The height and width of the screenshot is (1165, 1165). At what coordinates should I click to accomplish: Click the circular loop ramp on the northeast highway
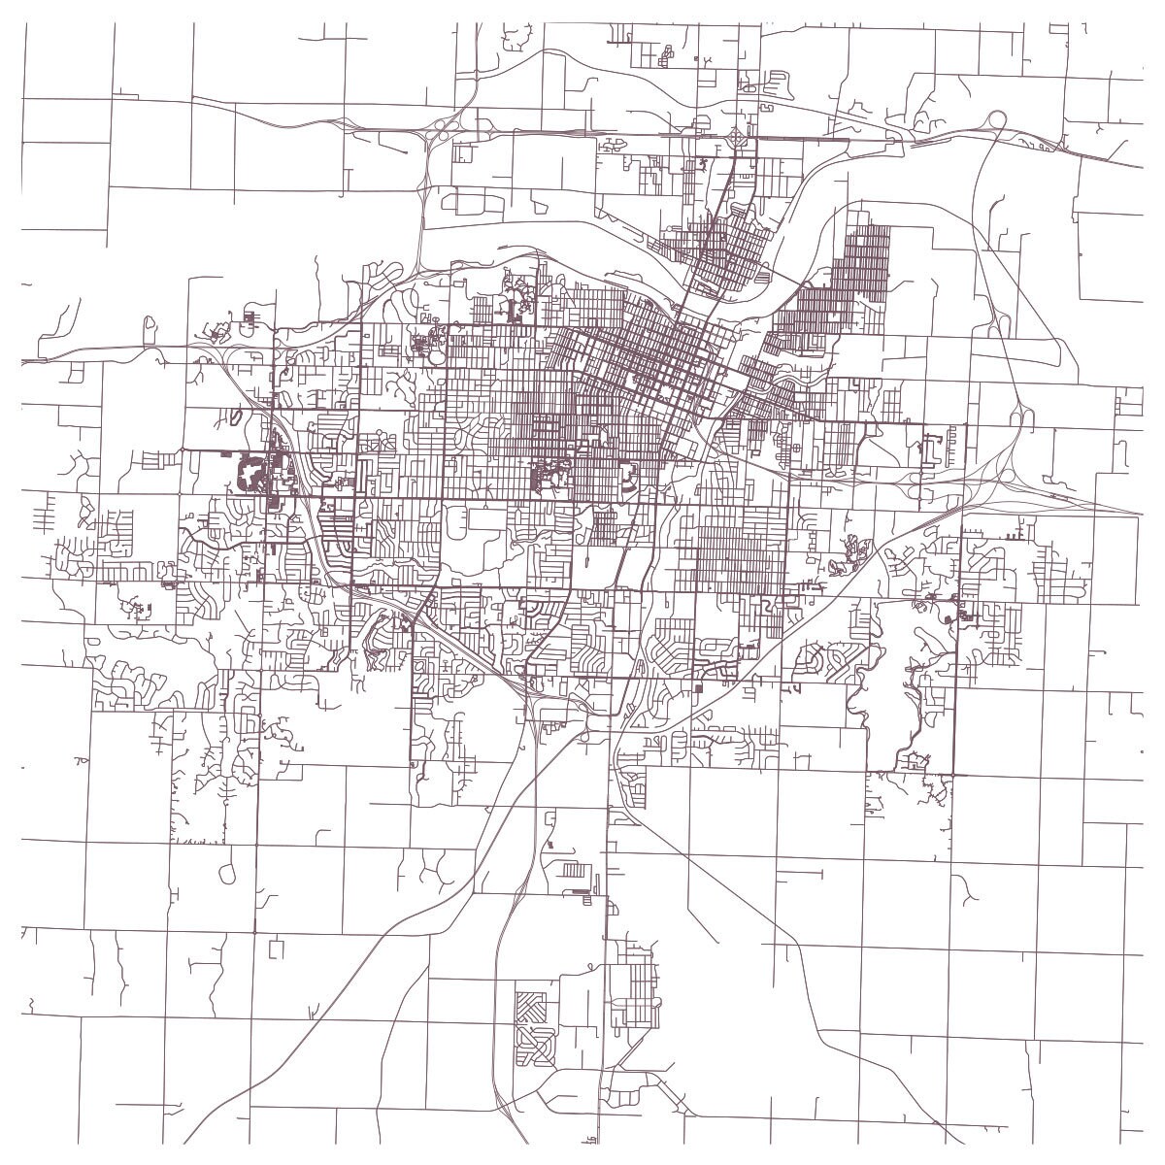coord(997,119)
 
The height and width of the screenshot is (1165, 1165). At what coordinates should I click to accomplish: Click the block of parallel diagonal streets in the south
coord(531,1006)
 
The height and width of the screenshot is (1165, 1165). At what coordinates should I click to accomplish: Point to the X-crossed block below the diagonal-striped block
coord(533,1046)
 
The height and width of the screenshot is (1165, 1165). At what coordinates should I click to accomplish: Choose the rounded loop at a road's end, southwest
coord(229,873)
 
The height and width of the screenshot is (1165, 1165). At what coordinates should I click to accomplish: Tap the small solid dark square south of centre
coord(699,687)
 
